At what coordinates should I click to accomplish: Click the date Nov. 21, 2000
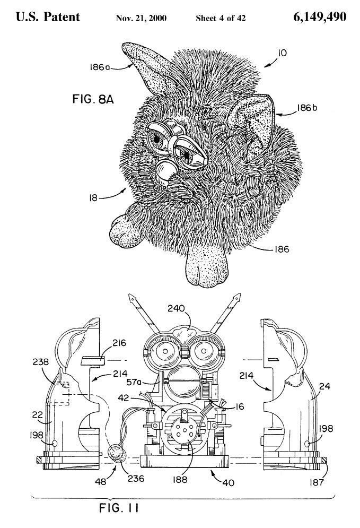coord(141,18)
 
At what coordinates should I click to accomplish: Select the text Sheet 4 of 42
coord(221,18)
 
